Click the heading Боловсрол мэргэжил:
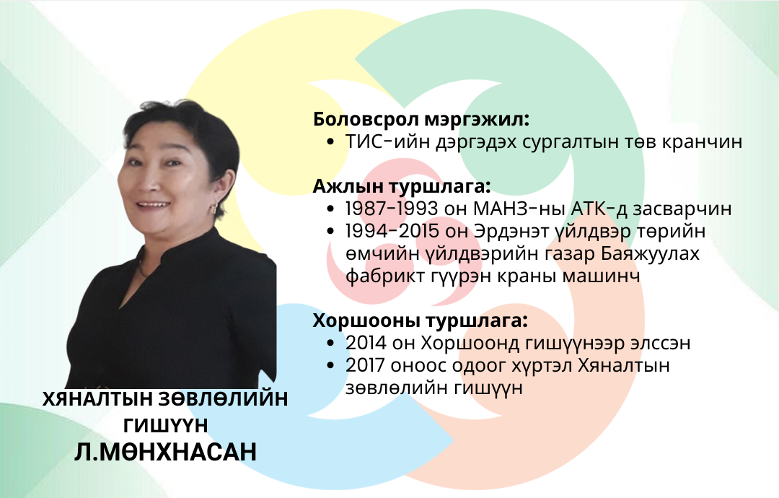tap(421, 120)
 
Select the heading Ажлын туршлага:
tap(402, 186)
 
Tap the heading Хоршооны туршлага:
tap(420, 320)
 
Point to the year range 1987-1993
tap(392, 209)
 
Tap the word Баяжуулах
tap(650, 253)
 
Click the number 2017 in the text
tap(365, 365)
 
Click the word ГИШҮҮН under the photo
tap(165, 425)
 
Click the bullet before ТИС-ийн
tap(331, 143)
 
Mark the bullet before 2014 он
tap(331, 344)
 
